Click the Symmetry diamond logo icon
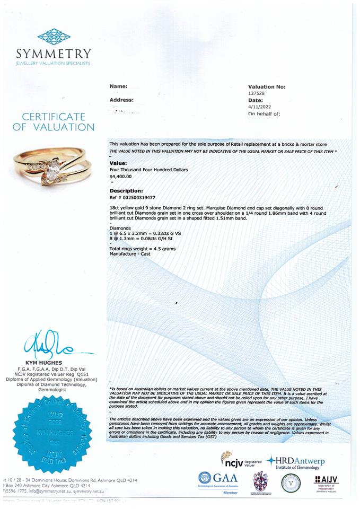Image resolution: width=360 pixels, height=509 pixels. click(x=54, y=36)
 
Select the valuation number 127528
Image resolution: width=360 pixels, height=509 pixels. click(x=256, y=93)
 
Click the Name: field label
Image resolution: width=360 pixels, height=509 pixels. click(x=118, y=86)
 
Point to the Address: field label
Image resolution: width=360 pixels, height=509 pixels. click(x=121, y=100)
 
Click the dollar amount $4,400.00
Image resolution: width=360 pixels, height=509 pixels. click(x=121, y=176)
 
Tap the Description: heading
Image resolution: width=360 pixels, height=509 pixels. click(x=126, y=190)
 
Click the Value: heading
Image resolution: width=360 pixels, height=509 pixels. click(x=118, y=163)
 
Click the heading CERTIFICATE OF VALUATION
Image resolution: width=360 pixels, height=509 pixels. click(x=53, y=122)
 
